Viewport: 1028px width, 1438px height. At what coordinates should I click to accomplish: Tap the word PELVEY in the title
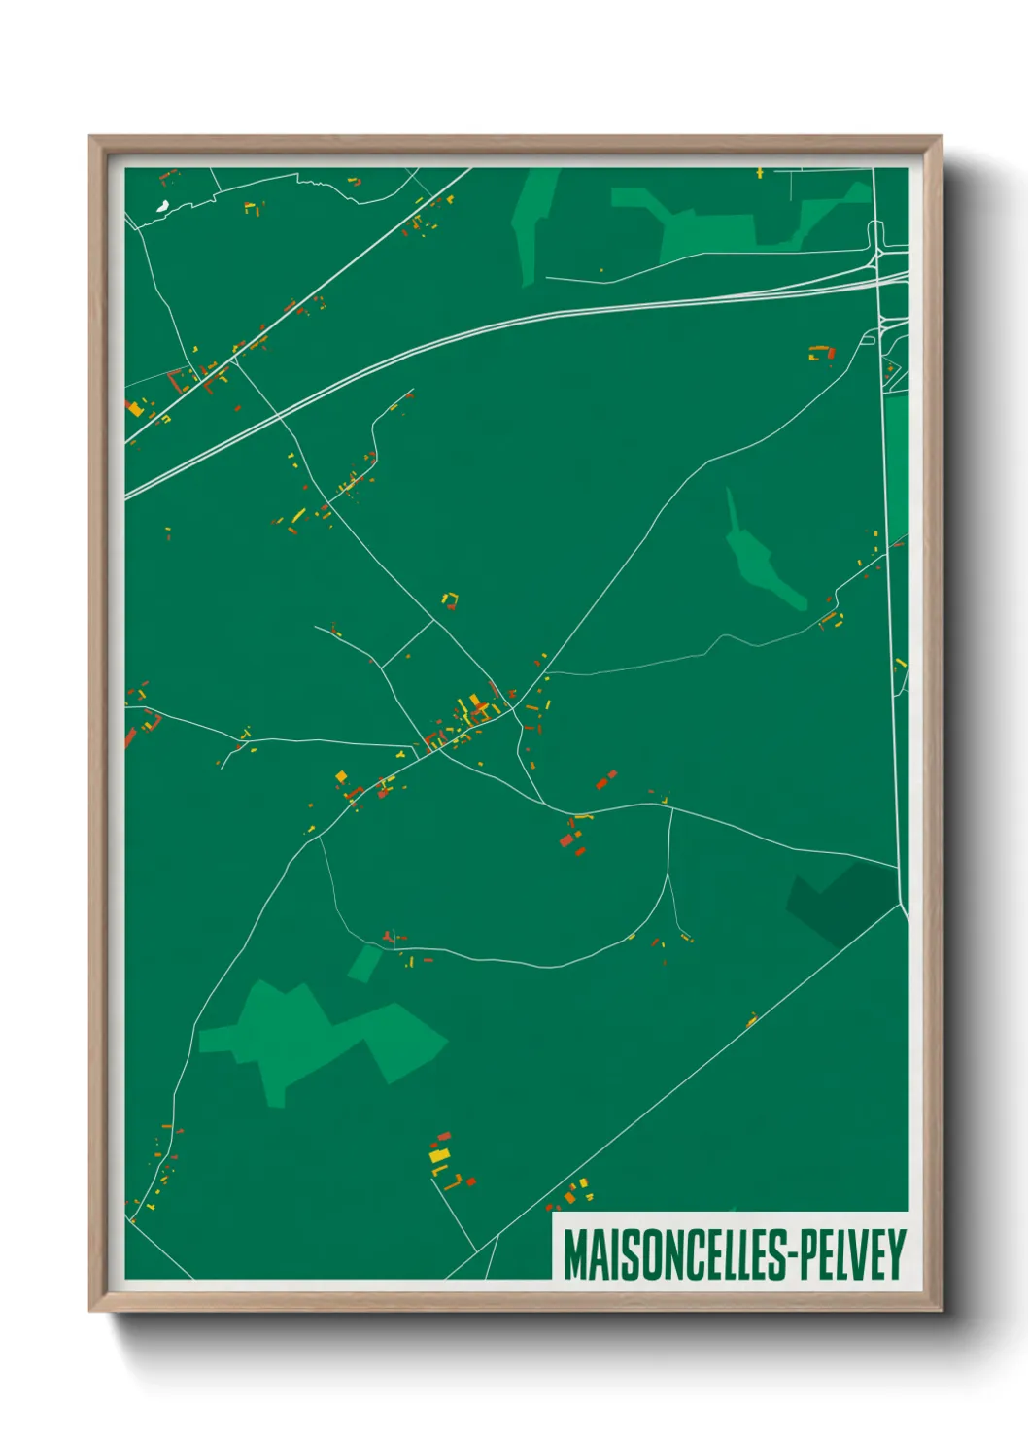coord(852,1254)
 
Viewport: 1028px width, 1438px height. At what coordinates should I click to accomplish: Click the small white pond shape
coord(162,206)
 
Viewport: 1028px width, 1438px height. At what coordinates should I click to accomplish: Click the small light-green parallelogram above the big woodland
coord(365,963)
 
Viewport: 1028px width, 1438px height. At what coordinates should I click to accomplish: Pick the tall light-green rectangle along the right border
coord(896,466)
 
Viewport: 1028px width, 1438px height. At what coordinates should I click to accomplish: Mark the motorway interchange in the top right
coord(879,257)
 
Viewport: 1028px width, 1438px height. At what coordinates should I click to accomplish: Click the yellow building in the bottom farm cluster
coord(440,1155)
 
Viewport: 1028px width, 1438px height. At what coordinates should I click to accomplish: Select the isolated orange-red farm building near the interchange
coord(822,352)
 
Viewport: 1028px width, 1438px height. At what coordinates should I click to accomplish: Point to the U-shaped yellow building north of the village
coord(450,599)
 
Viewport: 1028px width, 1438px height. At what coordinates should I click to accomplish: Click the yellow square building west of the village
coord(341,776)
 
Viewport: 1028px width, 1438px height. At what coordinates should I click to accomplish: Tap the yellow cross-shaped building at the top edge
coord(760,173)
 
